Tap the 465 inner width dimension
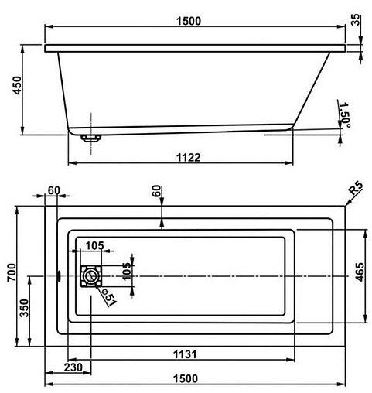click(x=360, y=275)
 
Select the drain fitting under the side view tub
click(x=91, y=138)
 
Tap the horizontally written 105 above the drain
click(x=94, y=246)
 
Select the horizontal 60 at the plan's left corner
click(x=53, y=191)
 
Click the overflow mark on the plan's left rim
click(x=59, y=275)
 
